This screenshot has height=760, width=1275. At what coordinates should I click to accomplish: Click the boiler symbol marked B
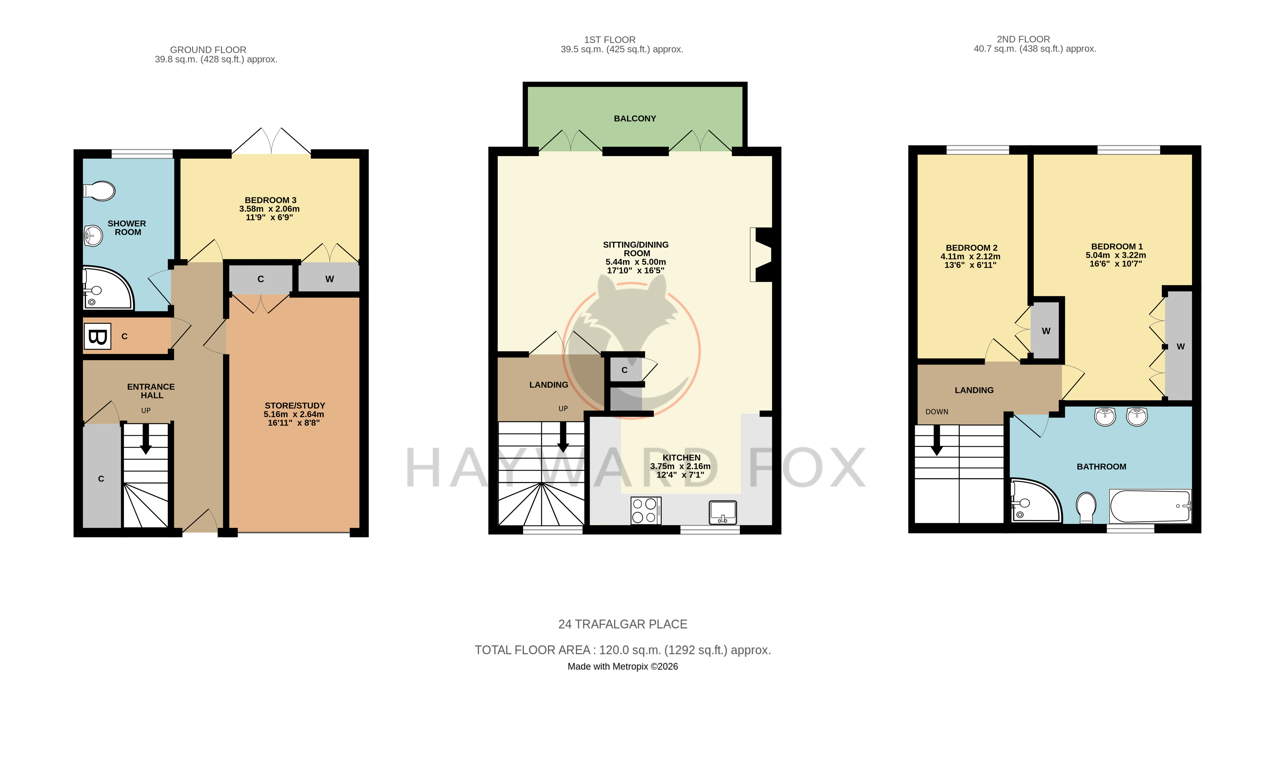97,336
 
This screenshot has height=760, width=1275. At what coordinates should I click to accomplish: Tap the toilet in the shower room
99,191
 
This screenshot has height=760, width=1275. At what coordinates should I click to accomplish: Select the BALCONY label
635,118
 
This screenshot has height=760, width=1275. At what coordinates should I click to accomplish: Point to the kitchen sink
723,512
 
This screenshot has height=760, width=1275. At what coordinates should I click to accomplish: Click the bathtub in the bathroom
1150,506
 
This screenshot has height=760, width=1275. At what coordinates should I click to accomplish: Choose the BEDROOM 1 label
1117,246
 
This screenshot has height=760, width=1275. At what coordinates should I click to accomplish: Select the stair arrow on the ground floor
146,439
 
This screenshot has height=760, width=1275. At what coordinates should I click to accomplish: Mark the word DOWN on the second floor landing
937,412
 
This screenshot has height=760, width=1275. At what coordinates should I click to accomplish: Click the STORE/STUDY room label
295,405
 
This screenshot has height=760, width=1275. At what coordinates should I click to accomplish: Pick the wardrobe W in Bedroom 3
329,279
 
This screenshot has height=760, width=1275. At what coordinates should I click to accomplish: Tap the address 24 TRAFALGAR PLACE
623,624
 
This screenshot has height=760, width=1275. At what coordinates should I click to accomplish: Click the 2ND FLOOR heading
1023,39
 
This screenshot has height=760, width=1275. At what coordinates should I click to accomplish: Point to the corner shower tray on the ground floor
108,288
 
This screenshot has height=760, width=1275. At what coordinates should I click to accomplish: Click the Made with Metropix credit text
623,666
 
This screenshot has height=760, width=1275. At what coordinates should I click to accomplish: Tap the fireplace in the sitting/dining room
761,255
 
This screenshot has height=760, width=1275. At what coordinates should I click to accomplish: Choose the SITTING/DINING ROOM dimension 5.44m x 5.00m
636,262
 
